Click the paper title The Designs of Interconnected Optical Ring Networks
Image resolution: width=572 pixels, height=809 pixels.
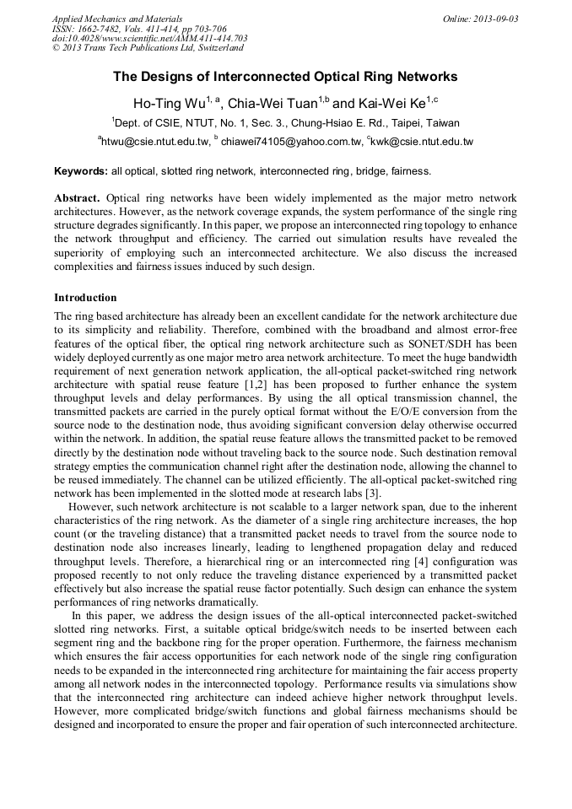(x=285, y=77)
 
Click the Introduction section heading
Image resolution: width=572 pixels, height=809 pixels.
(x=85, y=298)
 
